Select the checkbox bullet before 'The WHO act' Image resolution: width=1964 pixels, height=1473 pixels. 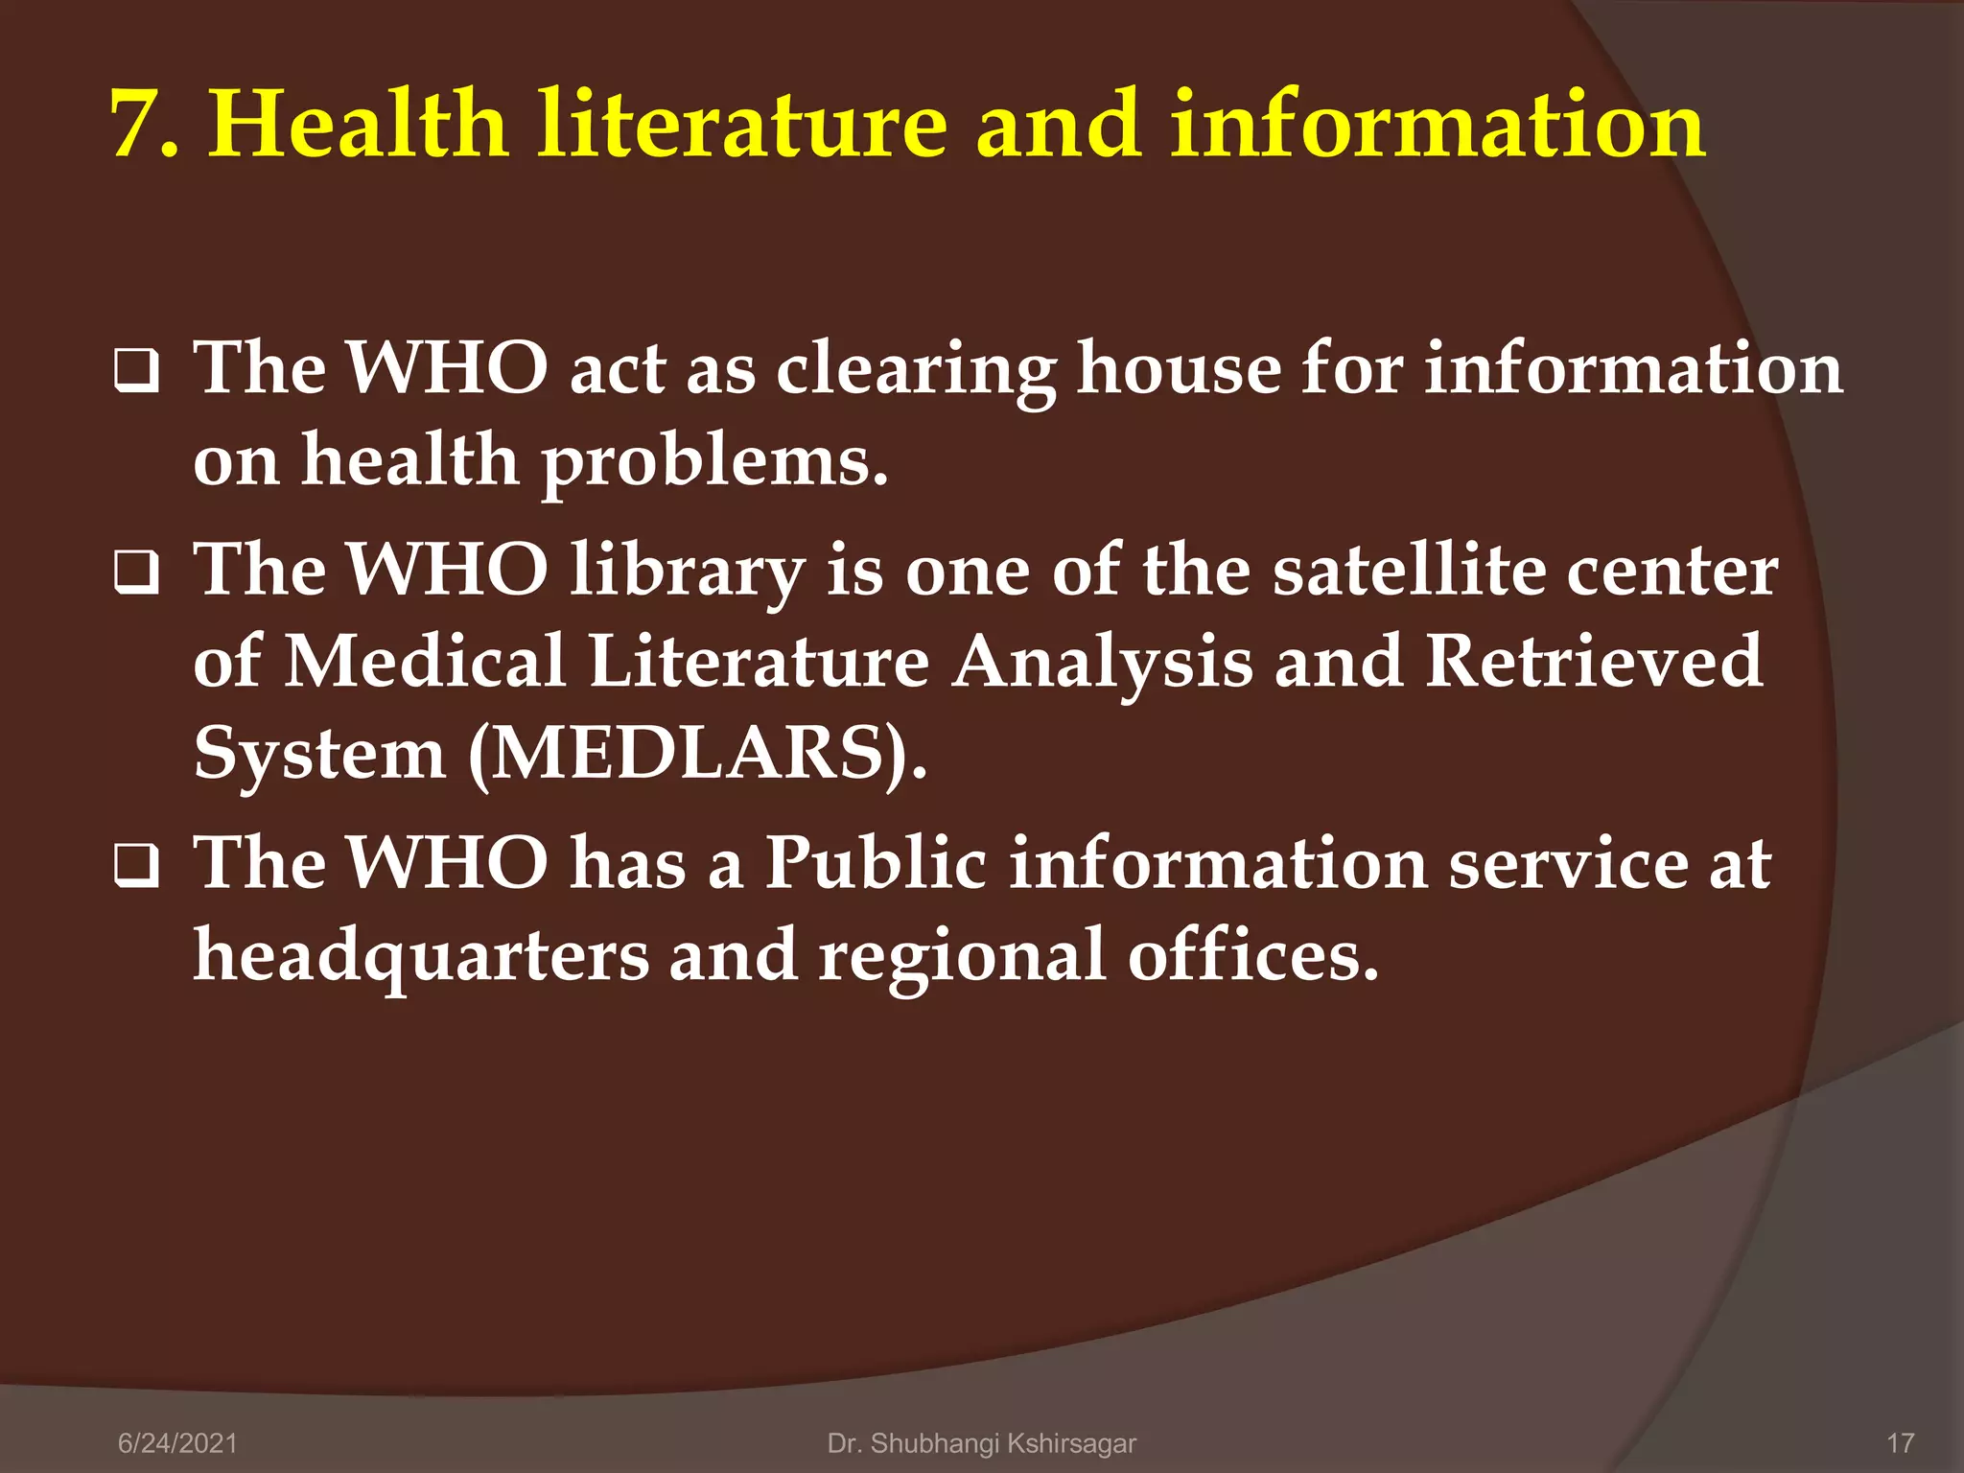(137, 372)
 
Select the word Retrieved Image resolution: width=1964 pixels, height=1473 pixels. (1593, 662)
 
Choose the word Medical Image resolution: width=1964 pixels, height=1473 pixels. (426, 662)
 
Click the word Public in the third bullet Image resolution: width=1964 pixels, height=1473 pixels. (876, 863)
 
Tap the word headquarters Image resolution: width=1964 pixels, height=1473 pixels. (421, 957)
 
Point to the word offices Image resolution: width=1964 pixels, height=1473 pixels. (1251, 956)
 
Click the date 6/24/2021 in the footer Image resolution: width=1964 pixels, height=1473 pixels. (177, 1443)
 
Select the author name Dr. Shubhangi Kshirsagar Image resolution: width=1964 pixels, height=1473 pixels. (981, 1443)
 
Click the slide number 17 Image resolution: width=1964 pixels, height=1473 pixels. (1900, 1443)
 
